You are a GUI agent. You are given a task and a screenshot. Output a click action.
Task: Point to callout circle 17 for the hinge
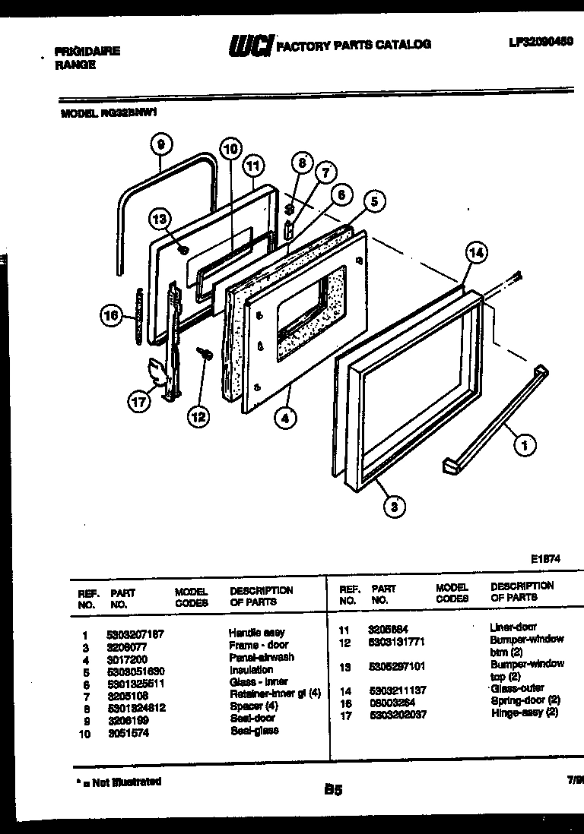click(x=139, y=403)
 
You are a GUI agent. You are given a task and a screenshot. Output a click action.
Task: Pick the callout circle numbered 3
click(x=392, y=507)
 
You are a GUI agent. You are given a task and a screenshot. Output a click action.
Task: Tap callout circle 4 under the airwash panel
click(x=287, y=417)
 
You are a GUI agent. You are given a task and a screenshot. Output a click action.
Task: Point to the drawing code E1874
click(x=546, y=558)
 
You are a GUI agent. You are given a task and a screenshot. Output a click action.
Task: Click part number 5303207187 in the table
click(x=135, y=633)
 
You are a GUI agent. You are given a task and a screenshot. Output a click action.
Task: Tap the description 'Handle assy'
click(x=257, y=633)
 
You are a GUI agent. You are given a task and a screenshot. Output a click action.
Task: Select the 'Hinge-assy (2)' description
click(x=525, y=712)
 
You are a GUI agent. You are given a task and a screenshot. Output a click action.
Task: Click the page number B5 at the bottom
click(x=332, y=790)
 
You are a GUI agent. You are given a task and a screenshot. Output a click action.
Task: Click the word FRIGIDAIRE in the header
click(x=87, y=52)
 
